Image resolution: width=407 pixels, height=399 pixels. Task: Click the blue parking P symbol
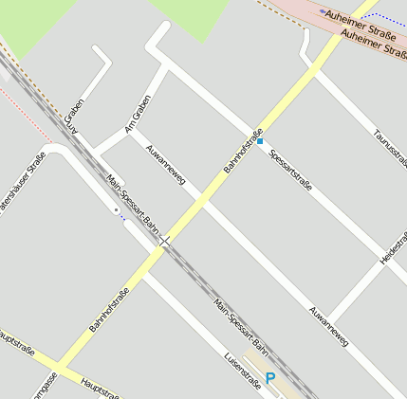point(270,378)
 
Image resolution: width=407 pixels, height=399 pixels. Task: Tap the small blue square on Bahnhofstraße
point(259,142)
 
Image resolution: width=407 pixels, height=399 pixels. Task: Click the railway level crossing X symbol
point(166,242)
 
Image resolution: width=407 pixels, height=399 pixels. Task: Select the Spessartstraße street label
point(290,170)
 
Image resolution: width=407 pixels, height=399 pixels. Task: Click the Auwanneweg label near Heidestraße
point(328,324)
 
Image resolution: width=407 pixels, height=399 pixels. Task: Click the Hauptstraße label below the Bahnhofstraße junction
point(100,388)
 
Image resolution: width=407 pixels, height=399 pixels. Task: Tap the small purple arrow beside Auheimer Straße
point(324,12)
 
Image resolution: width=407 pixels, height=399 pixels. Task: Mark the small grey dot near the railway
point(116,209)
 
